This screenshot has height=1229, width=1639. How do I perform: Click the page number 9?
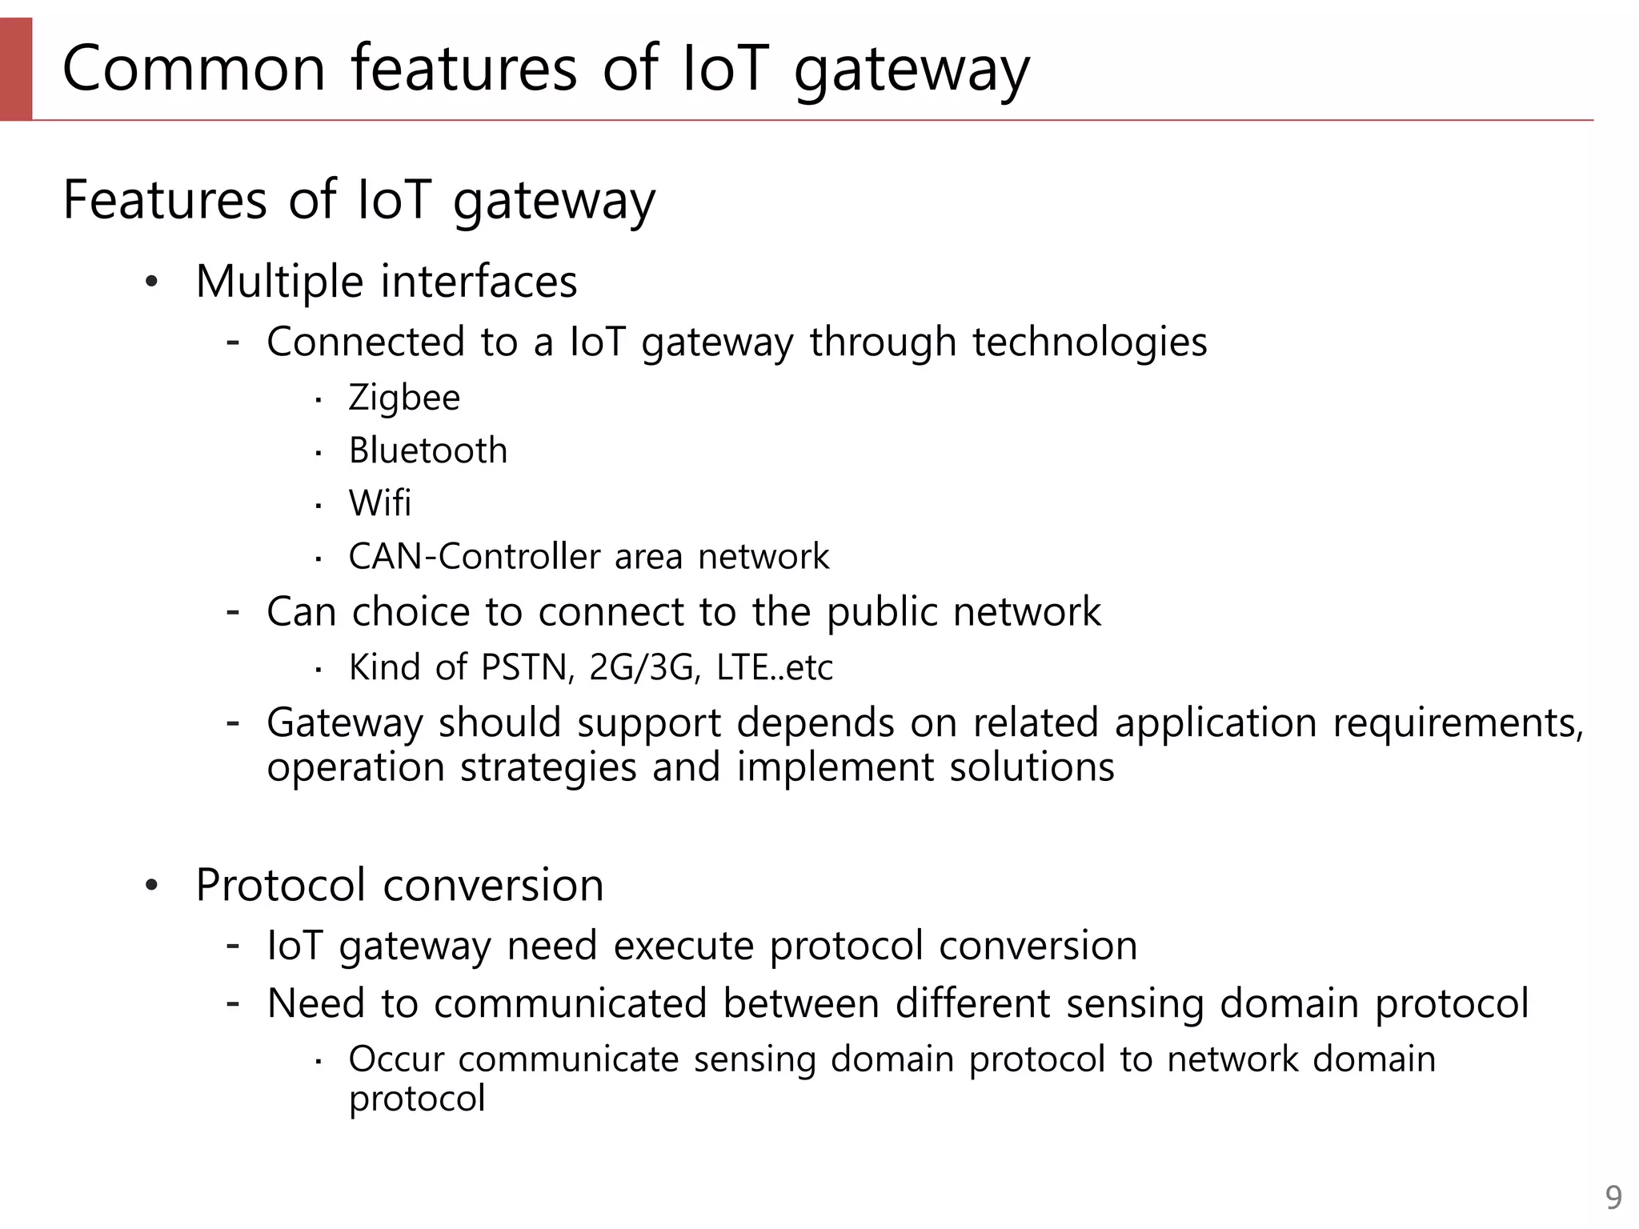click(x=1613, y=1198)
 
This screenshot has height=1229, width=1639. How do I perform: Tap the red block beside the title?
click(x=16, y=69)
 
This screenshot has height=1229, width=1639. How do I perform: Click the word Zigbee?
click(x=404, y=398)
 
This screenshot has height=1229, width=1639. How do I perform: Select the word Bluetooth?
click(x=428, y=450)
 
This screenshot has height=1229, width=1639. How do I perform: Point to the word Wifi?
click(x=379, y=503)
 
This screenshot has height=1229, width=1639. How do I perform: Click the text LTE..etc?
click(x=774, y=667)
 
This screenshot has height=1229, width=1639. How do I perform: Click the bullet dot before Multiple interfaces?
click(x=152, y=282)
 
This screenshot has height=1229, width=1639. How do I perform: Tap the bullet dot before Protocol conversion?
click(x=152, y=886)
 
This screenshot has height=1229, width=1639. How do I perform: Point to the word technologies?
click(x=1089, y=342)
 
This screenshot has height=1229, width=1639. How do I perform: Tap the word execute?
click(x=683, y=946)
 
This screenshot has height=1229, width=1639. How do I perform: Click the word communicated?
click(x=571, y=1004)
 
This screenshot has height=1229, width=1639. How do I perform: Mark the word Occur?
click(x=396, y=1059)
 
